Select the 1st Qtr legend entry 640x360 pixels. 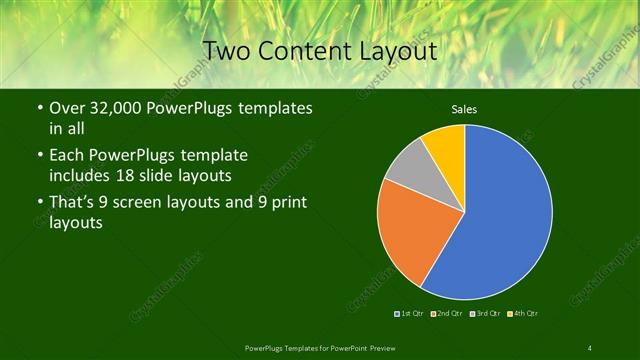409,314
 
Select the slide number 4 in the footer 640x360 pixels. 590,348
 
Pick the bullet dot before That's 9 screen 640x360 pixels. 39,204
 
